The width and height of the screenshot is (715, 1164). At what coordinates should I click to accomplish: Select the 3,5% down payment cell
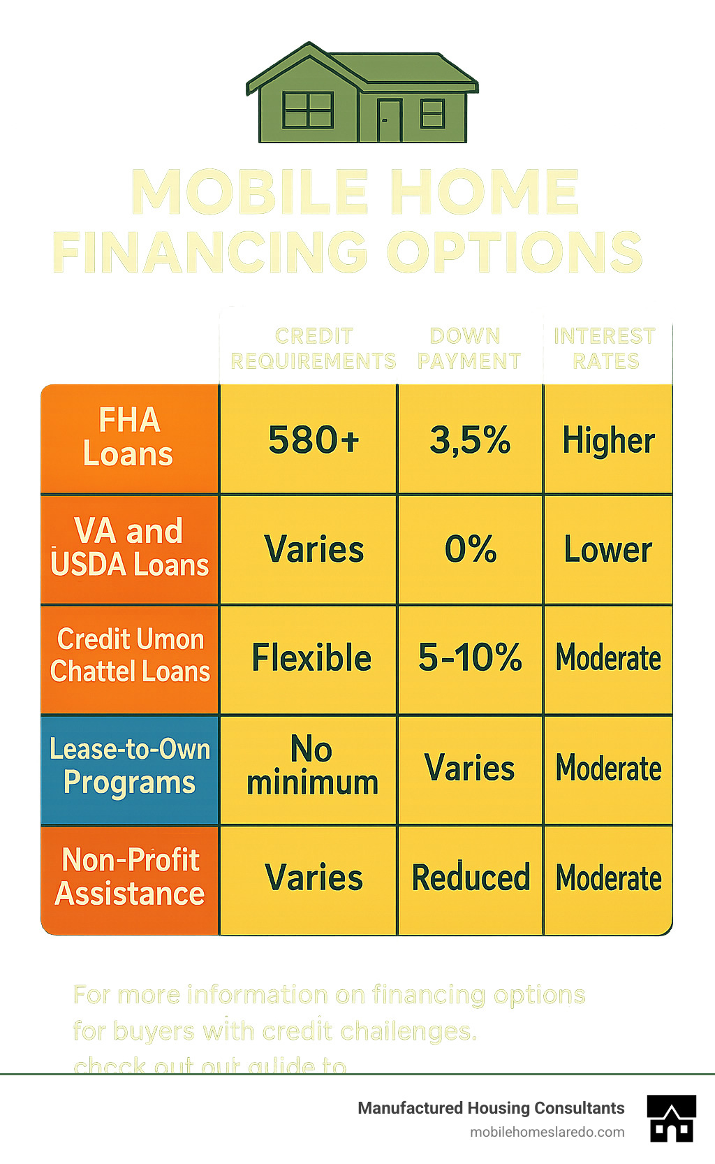pos(470,440)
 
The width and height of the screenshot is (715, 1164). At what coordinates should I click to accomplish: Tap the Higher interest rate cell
pos(608,440)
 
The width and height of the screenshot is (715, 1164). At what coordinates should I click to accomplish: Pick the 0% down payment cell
pos(470,550)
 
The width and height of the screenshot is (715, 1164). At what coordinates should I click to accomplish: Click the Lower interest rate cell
pos(608,550)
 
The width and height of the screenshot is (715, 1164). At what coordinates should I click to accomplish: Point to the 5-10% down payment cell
pos(470,659)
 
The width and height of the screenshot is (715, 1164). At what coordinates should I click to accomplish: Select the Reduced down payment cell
pos(470,878)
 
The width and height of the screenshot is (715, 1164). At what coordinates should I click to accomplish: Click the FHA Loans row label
pos(129,438)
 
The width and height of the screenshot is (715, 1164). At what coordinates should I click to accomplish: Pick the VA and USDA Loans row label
pos(129,548)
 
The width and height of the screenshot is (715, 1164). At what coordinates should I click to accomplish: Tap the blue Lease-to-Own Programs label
pos(129,767)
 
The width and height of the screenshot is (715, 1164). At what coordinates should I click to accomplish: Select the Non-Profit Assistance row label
pos(129,878)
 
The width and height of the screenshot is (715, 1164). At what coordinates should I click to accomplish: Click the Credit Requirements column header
pos(314,349)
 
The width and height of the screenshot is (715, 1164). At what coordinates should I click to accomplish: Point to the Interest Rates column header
pos(605,349)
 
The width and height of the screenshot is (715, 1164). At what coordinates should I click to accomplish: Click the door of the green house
pos(389,120)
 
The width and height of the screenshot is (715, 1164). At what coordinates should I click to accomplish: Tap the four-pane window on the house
pos(307,110)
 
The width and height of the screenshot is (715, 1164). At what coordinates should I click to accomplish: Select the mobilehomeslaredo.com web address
pos(547,1132)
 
